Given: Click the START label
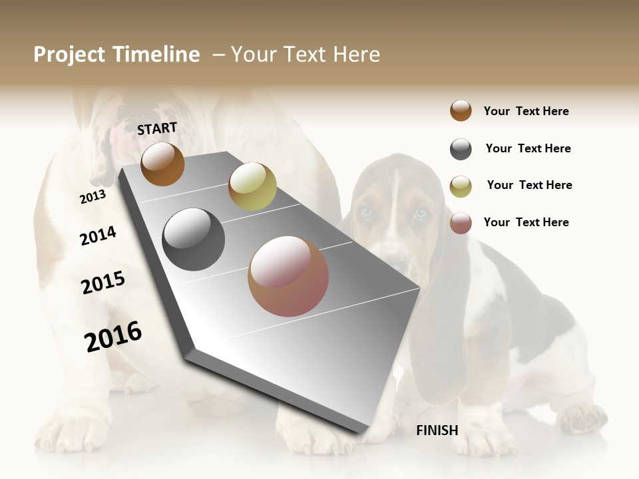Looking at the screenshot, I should pos(157,128).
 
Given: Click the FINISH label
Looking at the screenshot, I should pos(437,430).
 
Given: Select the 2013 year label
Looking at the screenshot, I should pos(93,196).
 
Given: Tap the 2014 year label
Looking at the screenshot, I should pos(98,236).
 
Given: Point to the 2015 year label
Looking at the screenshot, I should pos(103,283).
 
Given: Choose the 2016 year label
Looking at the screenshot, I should pos(113,336).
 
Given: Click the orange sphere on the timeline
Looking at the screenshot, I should pos(162,164).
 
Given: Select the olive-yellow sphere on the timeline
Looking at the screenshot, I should pos(252,186).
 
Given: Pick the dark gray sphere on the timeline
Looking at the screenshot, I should pos(193,239).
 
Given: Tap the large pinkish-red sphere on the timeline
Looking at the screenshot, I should pos(288,276).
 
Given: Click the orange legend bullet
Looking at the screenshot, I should pos(461,110).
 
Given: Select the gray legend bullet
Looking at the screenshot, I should pos(461,149).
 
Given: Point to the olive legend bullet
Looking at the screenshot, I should pos(461,186).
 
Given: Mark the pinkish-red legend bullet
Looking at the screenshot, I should pos(461,223).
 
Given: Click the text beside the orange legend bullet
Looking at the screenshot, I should pos(526,111).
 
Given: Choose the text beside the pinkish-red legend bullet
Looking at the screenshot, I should pos(526,222).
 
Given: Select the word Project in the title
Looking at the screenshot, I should pos(69,55).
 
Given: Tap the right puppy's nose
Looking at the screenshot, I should pos(397,256).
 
